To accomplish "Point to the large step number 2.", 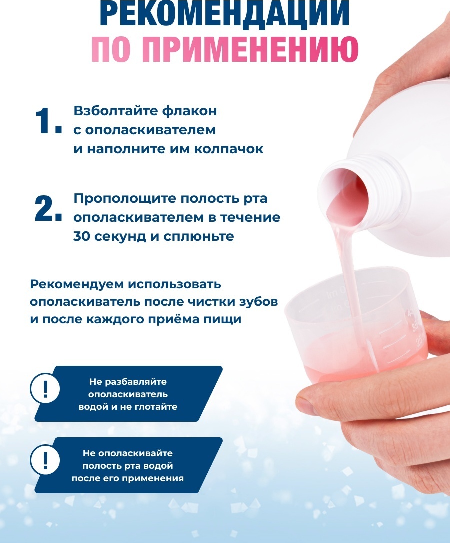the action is tap(48, 208).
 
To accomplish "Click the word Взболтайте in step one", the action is tap(115, 111).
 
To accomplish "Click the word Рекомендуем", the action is tap(77, 284).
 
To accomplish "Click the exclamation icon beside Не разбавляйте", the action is tap(45, 389).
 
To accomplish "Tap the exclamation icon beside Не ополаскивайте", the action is tap(45, 460).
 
